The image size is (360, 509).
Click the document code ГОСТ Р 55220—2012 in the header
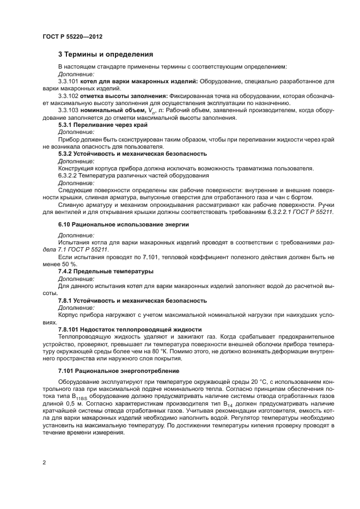click(x=72, y=36)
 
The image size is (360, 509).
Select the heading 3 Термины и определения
click(x=105, y=54)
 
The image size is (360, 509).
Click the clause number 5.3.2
click(x=66, y=154)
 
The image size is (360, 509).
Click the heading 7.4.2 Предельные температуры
click(x=106, y=271)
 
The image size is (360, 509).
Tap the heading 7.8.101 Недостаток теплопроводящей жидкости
click(x=130, y=329)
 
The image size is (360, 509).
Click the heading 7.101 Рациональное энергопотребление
click(x=114, y=371)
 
